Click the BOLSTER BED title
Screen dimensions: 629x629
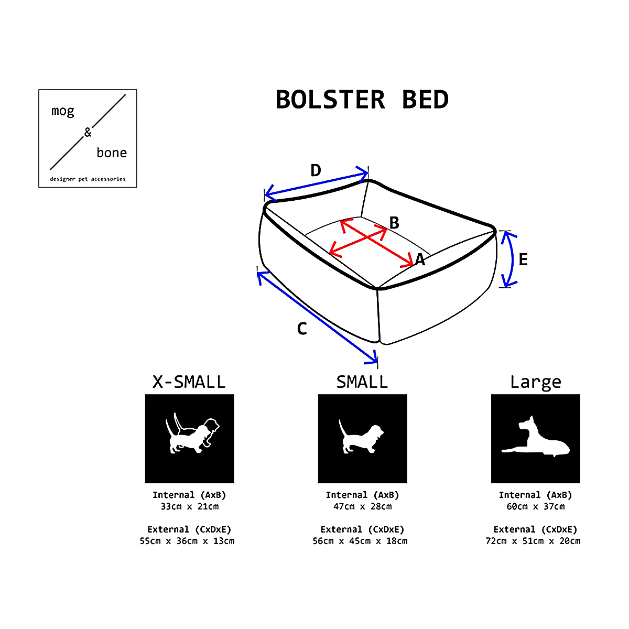pyautogui.click(x=362, y=99)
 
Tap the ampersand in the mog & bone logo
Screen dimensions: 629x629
pyautogui.click(x=88, y=132)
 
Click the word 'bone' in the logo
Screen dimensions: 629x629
pyautogui.click(x=112, y=153)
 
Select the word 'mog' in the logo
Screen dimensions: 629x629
pyautogui.click(x=63, y=112)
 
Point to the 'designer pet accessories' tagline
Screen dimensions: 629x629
pyautogui.click(x=88, y=179)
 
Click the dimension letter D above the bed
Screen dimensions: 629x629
pyautogui.click(x=316, y=170)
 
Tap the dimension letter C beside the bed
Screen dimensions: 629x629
pyautogui.click(x=302, y=328)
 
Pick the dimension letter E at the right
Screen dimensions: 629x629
pyautogui.click(x=523, y=259)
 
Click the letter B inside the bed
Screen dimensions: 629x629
pyautogui.click(x=394, y=223)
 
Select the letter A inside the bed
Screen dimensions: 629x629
pyautogui.click(x=420, y=260)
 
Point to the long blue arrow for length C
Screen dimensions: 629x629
pyautogui.click(x=317, y=317)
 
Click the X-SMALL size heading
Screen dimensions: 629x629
pyautogui.click(x=189, y=382)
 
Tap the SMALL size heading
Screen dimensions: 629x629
pyautogui.click(x=362, y=382)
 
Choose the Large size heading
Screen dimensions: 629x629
pyautogui.click(x=535, y=383)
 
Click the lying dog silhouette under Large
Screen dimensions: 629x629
pyautogui.click(x=535, y=437)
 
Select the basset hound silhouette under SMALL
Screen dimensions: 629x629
pyautogui.click(x=361, y=437)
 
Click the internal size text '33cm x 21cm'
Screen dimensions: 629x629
pyautogui.click(x=190, y=506)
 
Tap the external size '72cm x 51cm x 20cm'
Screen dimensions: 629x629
pyautogui.click(x=533, y=541)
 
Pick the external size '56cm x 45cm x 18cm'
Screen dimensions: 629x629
pyautogui.click(x=360, y=541)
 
